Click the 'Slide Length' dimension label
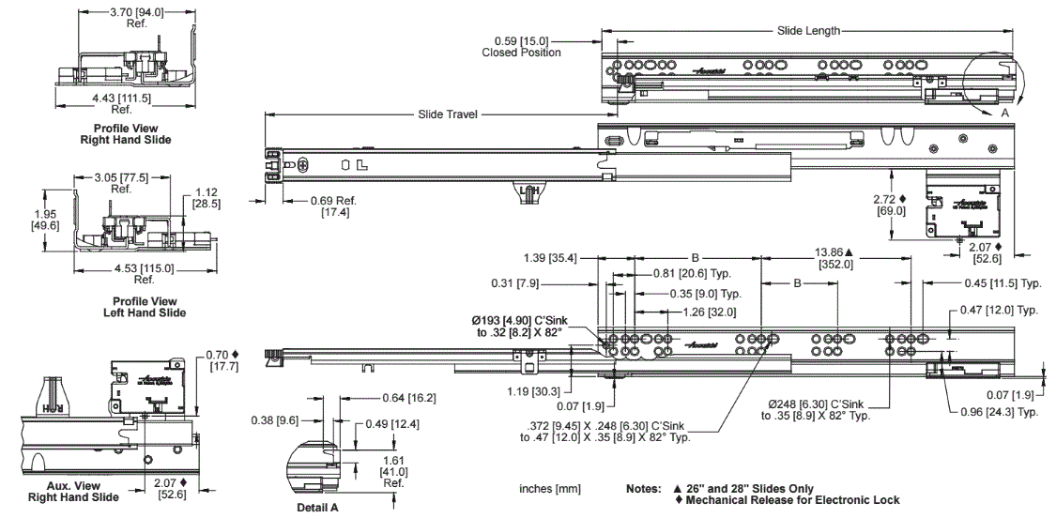pyautogui.click(x=808, y=31)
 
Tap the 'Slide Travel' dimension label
pyautogui.click(x=448, y=114)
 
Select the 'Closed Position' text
pyautogui.click(x=522, y=53)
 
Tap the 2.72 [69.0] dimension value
pyautogui.click(x=888, y=205)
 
